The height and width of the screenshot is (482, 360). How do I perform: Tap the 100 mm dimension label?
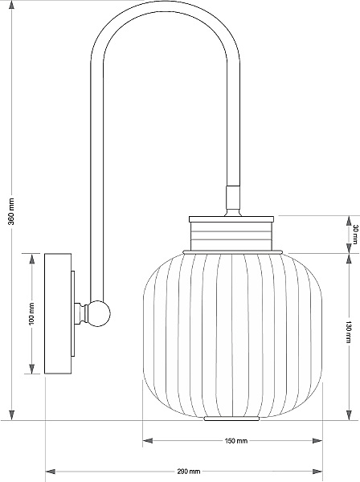[x=31, y=314]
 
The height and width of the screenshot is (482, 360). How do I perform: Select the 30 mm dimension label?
[x=355, y=235]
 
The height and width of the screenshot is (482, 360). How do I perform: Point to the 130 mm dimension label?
[x=348, y=332]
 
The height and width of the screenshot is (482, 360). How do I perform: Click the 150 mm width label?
[x=235, y=441]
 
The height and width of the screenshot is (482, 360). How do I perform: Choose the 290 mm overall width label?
[x=189, y=472]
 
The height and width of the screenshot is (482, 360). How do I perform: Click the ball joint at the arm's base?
[x=99, y=313]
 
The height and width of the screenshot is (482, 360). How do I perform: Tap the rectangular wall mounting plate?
[x=58, y=313]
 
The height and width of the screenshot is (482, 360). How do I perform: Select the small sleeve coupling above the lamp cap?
[x=233, y=198]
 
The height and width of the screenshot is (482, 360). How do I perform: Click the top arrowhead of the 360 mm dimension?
[x=12, y=6]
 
